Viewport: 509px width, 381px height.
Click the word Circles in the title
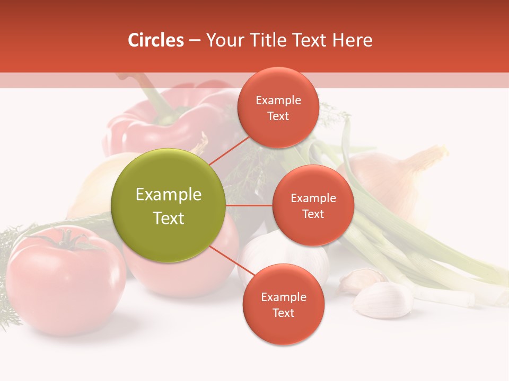coord(155,40)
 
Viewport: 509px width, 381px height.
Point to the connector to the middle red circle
coord(249,205)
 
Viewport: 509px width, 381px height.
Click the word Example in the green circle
coord(169,195)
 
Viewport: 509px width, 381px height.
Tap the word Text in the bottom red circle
coord(283,313)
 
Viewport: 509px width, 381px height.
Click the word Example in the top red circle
coord(278,101)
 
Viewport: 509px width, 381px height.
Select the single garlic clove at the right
coord(383,299)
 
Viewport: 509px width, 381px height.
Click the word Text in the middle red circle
coord(313,214)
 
